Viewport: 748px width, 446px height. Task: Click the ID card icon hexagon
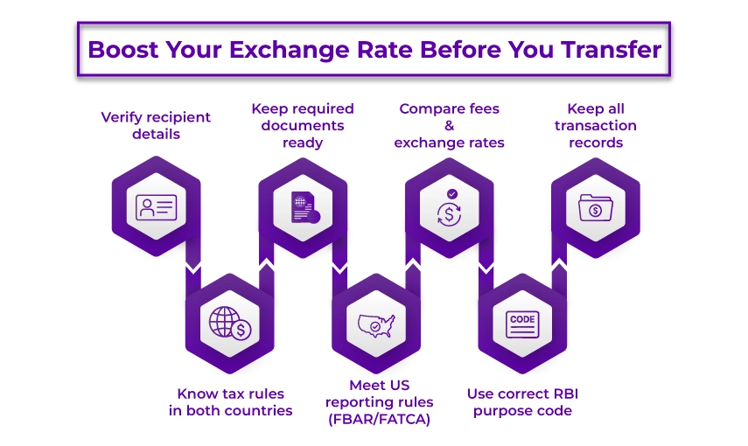(157, 206)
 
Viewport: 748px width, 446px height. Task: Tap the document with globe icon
(303, 207)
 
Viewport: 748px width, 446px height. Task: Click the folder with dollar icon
(595, 207)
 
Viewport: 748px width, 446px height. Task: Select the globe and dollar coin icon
(230, 324)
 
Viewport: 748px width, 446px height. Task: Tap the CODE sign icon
(522, 324)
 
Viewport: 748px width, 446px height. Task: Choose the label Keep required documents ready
(303, 125)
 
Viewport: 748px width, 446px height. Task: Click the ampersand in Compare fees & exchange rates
(449, 125)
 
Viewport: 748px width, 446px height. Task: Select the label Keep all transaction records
(595, 125)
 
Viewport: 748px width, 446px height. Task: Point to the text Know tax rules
(230, 394)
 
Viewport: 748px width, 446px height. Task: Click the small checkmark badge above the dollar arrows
(451, 194)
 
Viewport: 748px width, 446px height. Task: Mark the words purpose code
(522, 411)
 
